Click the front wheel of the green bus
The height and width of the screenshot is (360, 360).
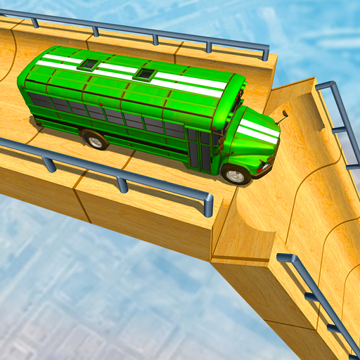click(x=236, y=173)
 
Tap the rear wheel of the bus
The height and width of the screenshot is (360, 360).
click(x=94, y=139)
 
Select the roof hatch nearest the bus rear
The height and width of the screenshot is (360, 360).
click(x=89, y=64)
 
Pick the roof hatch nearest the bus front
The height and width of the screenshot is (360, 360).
click(x=144, y=73)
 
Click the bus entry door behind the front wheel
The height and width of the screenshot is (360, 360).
click(x=205, y=148)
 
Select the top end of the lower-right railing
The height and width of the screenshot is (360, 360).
click(x=283, y=258)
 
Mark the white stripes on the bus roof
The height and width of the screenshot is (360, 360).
click(x=134, y=74)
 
